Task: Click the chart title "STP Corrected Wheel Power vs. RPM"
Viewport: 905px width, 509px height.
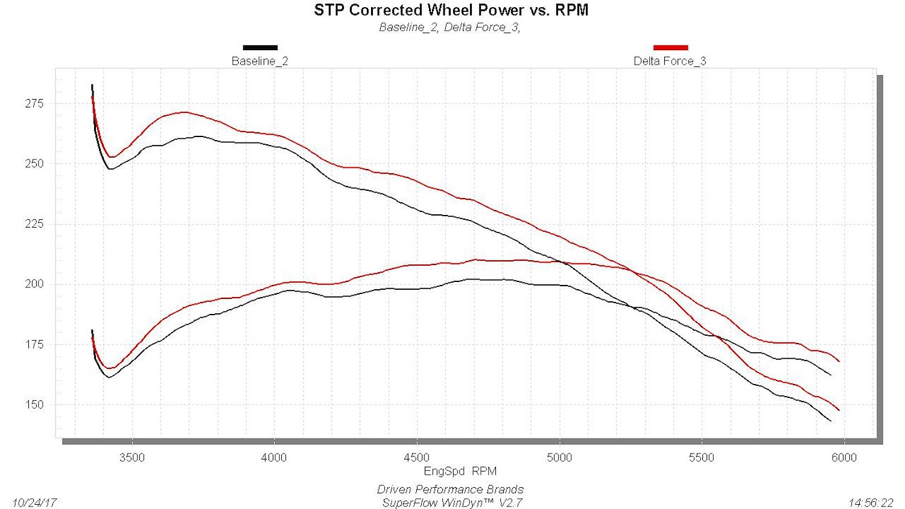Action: click(451, 10)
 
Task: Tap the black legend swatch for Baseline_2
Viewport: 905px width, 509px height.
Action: click(260, 48)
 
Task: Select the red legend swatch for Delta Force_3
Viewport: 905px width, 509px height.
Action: click(671, 48)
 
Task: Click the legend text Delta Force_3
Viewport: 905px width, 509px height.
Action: click(670, 61)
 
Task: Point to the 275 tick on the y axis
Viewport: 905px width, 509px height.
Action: click(34, 103)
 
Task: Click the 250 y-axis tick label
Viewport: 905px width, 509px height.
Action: click(34, 164)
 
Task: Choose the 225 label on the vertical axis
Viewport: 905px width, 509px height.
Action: click(34, 224)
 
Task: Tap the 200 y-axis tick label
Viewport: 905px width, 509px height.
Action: click(34, 284)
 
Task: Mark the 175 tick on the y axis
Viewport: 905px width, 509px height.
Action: click(34, 344)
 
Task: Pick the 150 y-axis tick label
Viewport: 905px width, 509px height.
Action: click(34, 405)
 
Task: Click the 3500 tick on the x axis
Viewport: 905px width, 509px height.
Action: click(132, 458)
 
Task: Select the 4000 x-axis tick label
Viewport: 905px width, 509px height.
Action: click(275, 458)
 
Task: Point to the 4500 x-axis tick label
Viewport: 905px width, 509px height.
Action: click(417, 458)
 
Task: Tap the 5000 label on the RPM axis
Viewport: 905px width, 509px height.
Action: click(559, 458)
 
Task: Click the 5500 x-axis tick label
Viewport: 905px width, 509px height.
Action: click(702, 458)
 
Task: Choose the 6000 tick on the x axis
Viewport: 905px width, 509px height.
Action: click(845, 458)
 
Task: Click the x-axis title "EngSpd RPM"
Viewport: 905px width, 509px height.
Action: click(460, 472)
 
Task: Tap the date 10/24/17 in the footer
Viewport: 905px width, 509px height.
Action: click(34, 503)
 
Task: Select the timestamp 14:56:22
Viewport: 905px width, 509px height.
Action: click(871, 503)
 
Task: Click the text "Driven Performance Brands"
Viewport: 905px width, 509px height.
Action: click(450, 490)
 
